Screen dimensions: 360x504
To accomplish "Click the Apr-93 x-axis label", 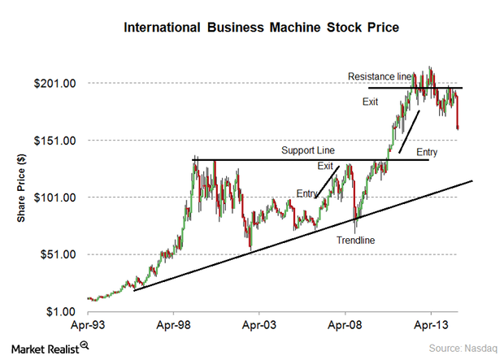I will pos(88,325).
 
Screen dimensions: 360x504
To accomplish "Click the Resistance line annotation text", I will pos(380,76).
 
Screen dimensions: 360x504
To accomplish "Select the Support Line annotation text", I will pos(308,151).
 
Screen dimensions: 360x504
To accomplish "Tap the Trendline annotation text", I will pos(356,240).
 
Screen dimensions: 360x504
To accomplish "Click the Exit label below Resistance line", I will pos(371,102).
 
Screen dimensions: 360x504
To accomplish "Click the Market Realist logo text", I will pos(45,348).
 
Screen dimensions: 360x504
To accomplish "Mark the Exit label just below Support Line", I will pos(325,166).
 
